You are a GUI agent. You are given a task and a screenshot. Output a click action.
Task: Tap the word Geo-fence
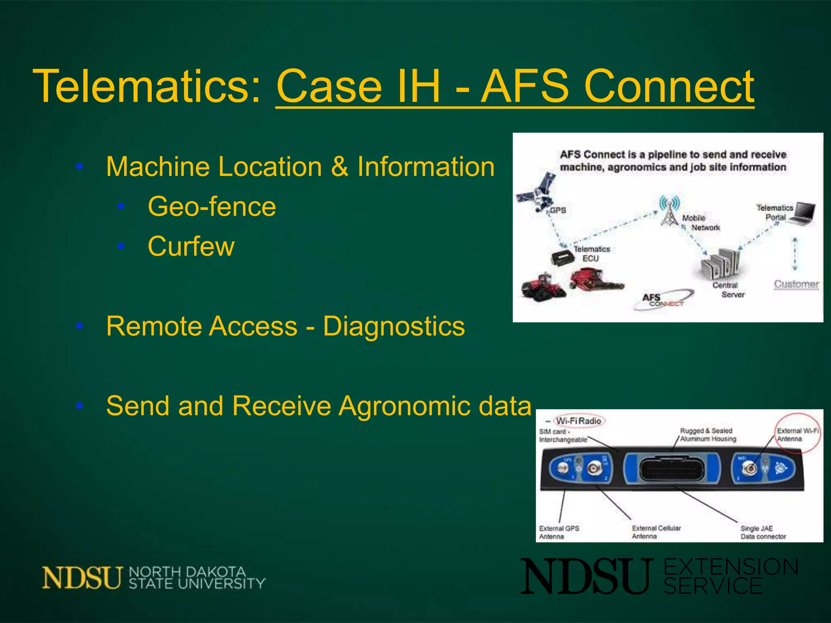(x=211, y=206)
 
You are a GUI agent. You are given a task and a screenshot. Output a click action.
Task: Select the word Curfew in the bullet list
(x=191, y=246)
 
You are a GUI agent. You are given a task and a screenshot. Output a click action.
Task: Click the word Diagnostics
(x=394, y=326)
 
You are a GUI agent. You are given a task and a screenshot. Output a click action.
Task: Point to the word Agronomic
(x=406, y=406)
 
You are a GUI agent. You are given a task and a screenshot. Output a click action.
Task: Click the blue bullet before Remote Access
(x=80, y=326)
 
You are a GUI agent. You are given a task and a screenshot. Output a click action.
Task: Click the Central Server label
(x=728, y=290)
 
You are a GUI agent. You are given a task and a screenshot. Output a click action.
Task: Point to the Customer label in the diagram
(x=796, y=284)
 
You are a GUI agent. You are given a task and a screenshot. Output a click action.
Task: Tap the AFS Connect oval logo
(x=664, y=300)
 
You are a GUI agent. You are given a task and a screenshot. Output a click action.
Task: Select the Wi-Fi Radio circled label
(x=579, y=421)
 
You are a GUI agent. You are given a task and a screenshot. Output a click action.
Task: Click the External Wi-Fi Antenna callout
(x=797, y=434)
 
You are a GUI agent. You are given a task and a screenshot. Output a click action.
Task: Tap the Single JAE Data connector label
(x=762, y=532)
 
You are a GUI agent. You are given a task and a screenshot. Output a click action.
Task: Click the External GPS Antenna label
(x=558, y=532)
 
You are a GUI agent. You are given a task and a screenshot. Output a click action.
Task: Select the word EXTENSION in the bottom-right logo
(x=731, y=567)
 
